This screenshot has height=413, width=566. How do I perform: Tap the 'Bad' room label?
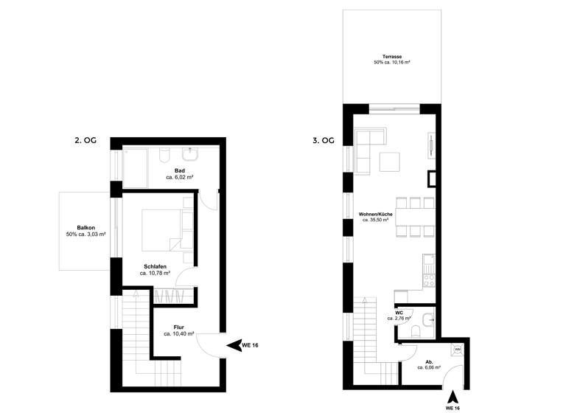(x=179, y=170)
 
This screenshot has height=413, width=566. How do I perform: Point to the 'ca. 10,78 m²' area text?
(x=156, y=273)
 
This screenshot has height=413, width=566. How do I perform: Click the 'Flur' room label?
(x=179, y=327)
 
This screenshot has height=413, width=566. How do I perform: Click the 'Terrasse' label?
(x=391, y=57)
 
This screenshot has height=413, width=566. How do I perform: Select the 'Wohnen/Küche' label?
(x=376, y=213)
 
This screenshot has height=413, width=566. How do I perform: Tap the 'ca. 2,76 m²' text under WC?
(x=399, y=319)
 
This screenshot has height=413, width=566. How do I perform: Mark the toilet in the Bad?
(x=164, y=155)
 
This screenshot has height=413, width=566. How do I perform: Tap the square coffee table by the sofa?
(x=391, y=162)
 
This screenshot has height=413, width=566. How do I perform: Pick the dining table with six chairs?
(x=415, y=217)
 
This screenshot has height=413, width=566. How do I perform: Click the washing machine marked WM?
(x=457, y=349)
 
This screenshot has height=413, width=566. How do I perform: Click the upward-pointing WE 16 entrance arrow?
(x=453, y=396)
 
